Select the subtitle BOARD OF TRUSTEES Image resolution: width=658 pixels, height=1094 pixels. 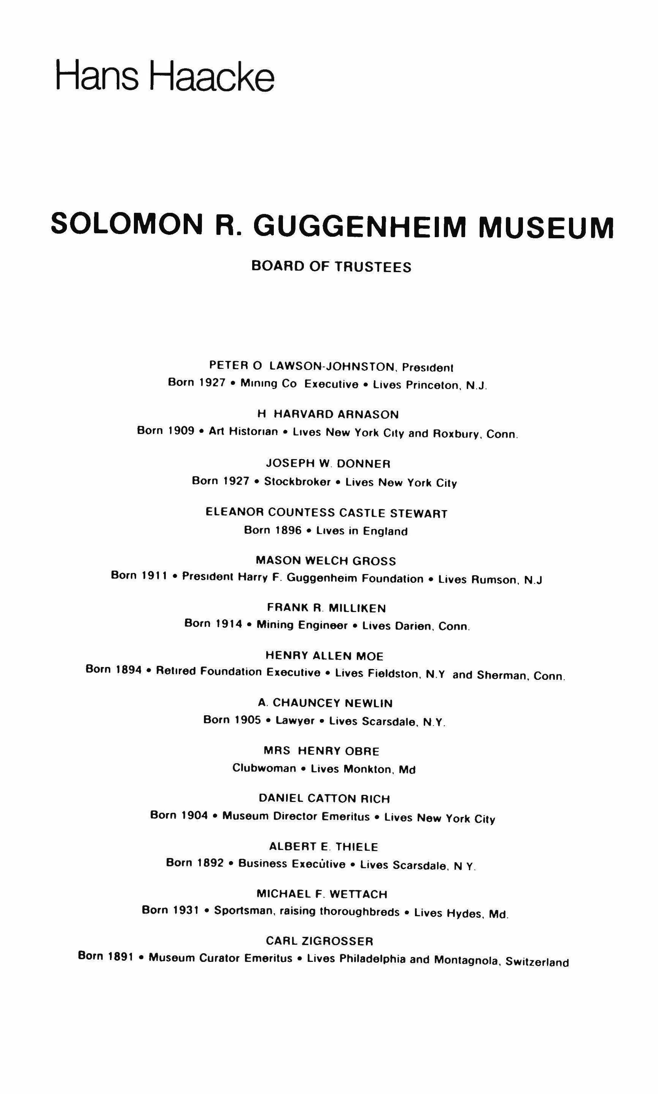(x=331, y=266)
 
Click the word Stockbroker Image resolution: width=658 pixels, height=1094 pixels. (x=297, y=482)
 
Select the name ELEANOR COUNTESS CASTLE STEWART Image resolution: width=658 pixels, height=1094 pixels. (x=327, y=513)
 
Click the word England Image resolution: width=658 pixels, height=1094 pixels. (x=385, y=531)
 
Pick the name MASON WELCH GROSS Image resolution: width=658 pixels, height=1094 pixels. (x=326, y=561)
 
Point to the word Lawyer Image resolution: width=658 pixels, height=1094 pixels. (x=295, y=721)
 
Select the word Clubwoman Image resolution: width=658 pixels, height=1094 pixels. (x=264, y=768)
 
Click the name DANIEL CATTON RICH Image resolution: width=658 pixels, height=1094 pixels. (x=324, y=799)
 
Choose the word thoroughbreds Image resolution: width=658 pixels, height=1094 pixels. (x=359, y=911)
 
